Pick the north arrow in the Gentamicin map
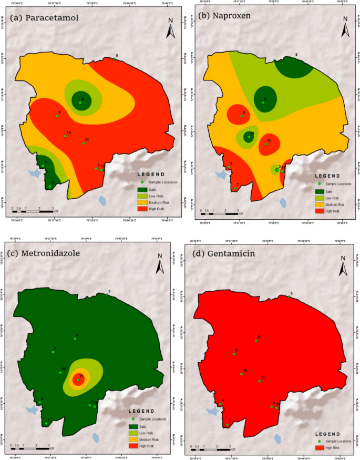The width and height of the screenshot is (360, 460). point(343,267)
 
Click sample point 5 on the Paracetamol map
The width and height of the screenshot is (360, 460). point(115,59)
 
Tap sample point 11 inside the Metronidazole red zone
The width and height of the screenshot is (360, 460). point(78,379)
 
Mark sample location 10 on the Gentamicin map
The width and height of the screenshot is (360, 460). point(241,374)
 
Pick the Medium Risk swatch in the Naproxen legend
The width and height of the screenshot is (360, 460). point(319,205)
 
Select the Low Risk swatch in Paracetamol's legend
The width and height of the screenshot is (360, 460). point(142,196)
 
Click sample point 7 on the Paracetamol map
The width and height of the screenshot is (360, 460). point(50,186)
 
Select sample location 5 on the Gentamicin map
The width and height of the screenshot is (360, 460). point(289,297)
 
